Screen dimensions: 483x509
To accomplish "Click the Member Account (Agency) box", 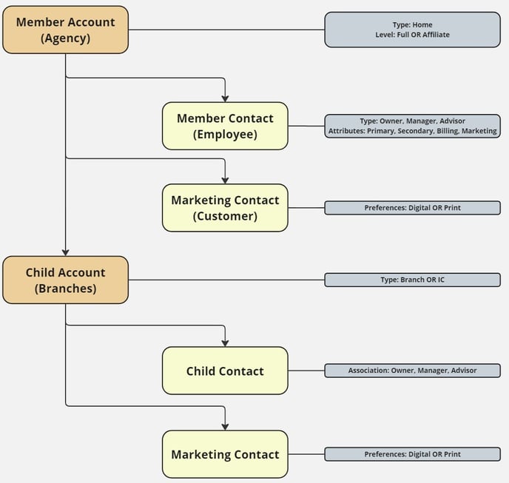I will pyautogui.click(x=65, y=30).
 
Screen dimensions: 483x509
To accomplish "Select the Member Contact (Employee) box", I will pyautogui.click(x=225, y=126).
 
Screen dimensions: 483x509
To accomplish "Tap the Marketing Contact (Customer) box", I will pyautogui.click(x=225, y=208).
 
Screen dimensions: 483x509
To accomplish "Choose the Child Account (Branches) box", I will pyautogui.click(x=65, y=280).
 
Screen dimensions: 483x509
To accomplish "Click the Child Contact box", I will pyautogui.click(x=225, y=371).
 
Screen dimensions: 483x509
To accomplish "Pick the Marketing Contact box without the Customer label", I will pyautogui.click(x=225, y=454).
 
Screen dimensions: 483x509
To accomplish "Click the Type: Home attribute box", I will pyautogui.click(x=412, y=30).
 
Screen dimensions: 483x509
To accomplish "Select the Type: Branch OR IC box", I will pyautogui.click(x=412, y=280).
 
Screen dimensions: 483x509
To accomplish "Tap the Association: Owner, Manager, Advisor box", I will pyautogui.click(x=412, y=371).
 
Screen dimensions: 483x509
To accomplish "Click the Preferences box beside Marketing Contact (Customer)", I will pyautogui.click(x=412, y=208).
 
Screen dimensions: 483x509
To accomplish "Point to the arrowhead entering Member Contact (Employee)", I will pyautogui.click(x=225, y=98).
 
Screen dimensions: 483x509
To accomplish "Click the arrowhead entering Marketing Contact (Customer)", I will pyautogui.click(x=225, y=180).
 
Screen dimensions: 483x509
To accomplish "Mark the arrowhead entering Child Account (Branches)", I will pyautogui.click(x=65, y=252).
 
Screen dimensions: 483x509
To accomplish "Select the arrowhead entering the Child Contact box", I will pyautogui.click(x=225, y=342).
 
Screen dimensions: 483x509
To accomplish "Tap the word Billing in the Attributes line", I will pyautogui.click(x=444, y=131).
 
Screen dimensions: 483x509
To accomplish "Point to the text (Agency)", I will pyautogui.click(x=65, y=38).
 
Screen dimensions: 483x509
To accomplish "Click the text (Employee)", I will pyautogui.click(x=225, y=135).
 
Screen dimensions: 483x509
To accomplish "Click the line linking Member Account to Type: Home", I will pyautogui.click(x=226, y=30).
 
